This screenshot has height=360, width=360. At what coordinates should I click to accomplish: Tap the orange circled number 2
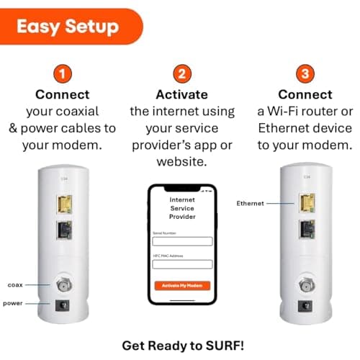click(x=182, y=74)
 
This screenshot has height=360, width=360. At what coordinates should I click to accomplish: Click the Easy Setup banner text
click(x=68, y=27)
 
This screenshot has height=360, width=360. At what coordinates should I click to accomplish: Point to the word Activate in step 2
click(x=182, y=95)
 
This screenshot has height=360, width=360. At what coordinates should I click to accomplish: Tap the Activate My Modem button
click(x=182, y=285)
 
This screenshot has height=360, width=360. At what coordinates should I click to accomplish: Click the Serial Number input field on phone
click(x=182, y=241)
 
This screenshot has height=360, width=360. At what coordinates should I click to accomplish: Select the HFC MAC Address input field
click(x=182, y=264)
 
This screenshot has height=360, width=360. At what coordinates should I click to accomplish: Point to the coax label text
click(x=15, y=285)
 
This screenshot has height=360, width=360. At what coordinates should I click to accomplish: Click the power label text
click(x=13, y=303)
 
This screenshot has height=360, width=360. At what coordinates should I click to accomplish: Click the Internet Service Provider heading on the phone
click(x=182, y=206)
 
